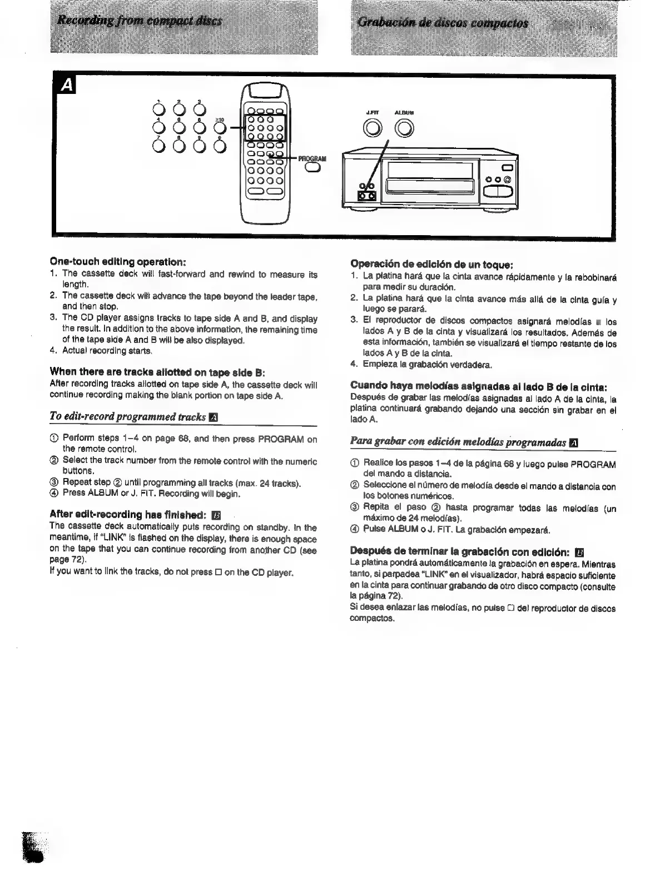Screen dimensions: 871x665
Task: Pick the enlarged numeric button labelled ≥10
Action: pyautogui.click(x=220, y=128)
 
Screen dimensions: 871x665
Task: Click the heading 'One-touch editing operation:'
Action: pyautogui.click(x=117, y=261)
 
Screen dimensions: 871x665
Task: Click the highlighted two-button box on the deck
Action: pyautogui.click(x=366, y=196)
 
